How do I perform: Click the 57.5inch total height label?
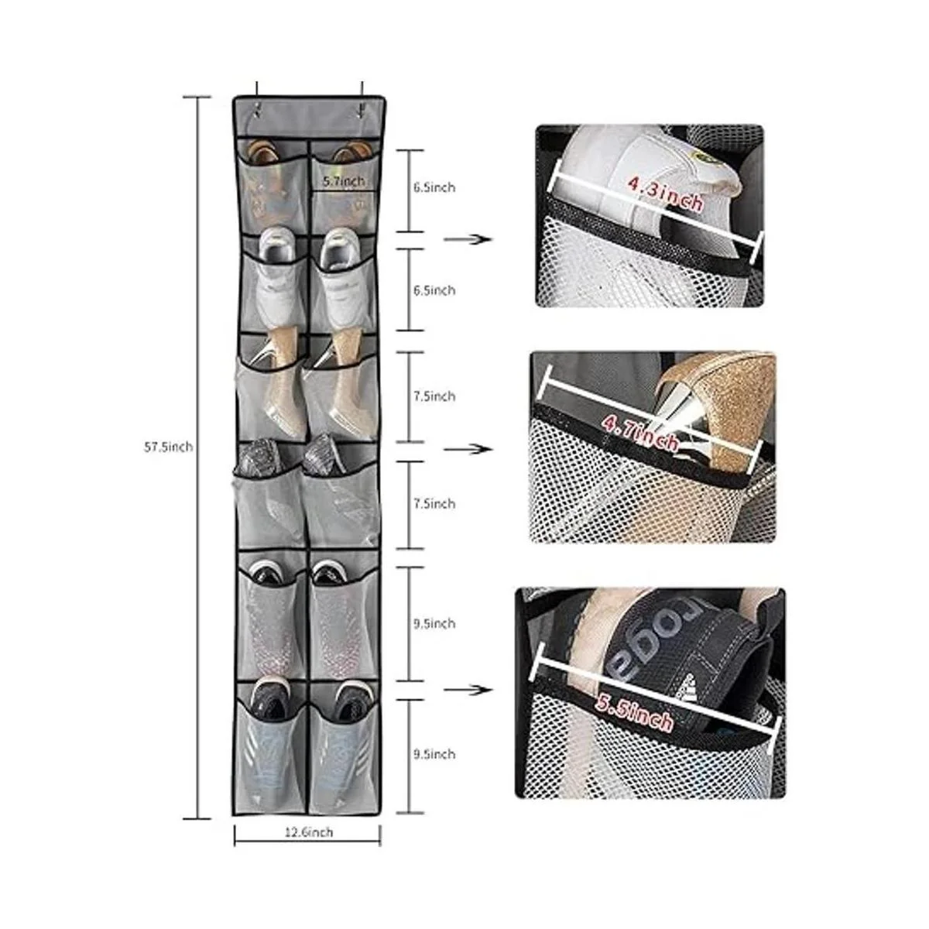[168, 447]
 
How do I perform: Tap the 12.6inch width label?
[308, 831]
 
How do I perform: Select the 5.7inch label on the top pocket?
[344, 181]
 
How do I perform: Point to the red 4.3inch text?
[665, 193]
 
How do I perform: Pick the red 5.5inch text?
[633, 714]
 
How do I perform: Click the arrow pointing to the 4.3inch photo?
[468, 239]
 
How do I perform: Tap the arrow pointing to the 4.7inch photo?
[468, 449]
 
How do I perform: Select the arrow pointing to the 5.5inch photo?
[468, 691]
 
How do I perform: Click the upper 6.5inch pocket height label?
[434, 187]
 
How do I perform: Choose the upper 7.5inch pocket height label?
[434, 396]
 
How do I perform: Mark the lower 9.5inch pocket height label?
[434, 753]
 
